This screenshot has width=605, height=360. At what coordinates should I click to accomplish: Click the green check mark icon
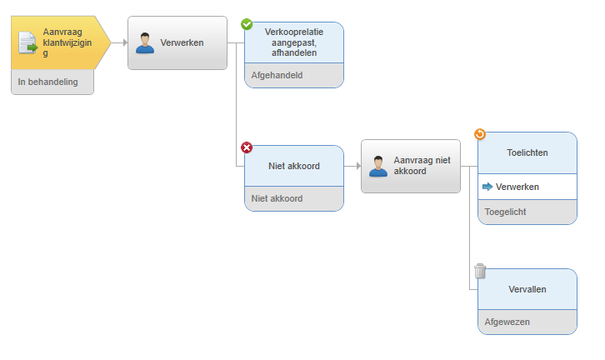click(247, 24)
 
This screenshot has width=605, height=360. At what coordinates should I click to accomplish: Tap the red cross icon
click(247, 147)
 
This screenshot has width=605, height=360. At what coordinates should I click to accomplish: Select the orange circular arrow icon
click(480, 134)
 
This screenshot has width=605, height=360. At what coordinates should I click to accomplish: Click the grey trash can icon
click(480, 271)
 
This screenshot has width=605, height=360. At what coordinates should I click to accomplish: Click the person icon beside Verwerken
click(145, 42)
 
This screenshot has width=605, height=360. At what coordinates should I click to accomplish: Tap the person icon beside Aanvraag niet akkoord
click(378, 167)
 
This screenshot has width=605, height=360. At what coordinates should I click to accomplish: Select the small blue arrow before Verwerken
click(487, 187)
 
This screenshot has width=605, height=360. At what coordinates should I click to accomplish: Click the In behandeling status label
click(47, 82)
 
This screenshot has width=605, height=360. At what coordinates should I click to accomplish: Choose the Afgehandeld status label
click(277, 75)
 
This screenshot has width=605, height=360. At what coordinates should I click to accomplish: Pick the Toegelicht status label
click(506, 212)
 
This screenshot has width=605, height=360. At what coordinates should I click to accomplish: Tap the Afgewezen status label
click(507, 322)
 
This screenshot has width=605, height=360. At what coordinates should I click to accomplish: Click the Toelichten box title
click(527, 152)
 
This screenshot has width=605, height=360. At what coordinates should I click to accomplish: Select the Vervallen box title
click(527, 289)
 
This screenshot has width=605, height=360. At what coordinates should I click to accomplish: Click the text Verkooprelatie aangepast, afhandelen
click(294, 42)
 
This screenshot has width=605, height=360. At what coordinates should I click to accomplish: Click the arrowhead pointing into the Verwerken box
click(125, 42)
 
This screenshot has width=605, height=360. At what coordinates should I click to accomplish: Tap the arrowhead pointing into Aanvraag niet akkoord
click(358, 166)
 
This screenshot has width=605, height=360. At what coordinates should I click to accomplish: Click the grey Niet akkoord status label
click(277, 198)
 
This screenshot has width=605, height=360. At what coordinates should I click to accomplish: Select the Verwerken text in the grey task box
click(182, 42)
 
